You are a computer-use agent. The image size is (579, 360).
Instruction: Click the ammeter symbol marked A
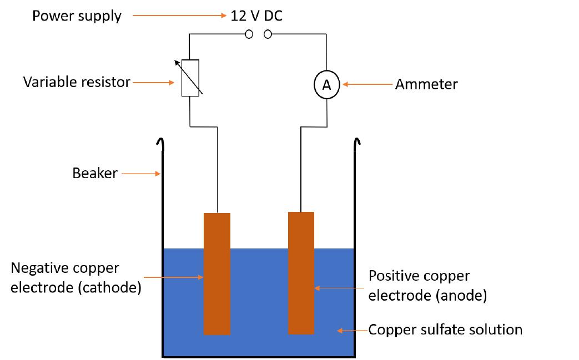point(326,85)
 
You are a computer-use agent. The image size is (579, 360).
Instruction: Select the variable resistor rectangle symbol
point(190,78)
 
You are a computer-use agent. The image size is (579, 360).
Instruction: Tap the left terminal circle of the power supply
point(249,34)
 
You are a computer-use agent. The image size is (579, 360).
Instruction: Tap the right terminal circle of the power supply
point(268,34)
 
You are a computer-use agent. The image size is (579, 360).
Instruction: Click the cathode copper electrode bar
point(217,274)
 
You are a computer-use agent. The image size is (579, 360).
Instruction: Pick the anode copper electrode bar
point(301,273)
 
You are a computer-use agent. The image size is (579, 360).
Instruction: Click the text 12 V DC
point(256,16)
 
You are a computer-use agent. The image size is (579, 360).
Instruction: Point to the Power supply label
point(77,16)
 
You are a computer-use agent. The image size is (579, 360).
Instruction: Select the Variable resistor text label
point(77,83)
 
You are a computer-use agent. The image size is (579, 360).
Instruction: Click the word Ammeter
point(426,84)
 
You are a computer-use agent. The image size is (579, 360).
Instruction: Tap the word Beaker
point(95,173)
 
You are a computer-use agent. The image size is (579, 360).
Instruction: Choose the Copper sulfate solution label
point(446,330)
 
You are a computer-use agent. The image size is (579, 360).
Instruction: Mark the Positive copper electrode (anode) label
point(427,286)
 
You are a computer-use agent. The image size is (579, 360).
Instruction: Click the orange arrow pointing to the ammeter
point(367,84)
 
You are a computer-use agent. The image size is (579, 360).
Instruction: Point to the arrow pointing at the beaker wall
point(141,174)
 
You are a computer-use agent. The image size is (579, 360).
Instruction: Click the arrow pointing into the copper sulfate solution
point(353,331)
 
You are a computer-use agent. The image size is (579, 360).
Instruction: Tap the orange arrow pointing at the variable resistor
point(153,83)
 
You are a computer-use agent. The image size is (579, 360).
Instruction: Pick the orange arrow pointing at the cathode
point(174,276)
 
